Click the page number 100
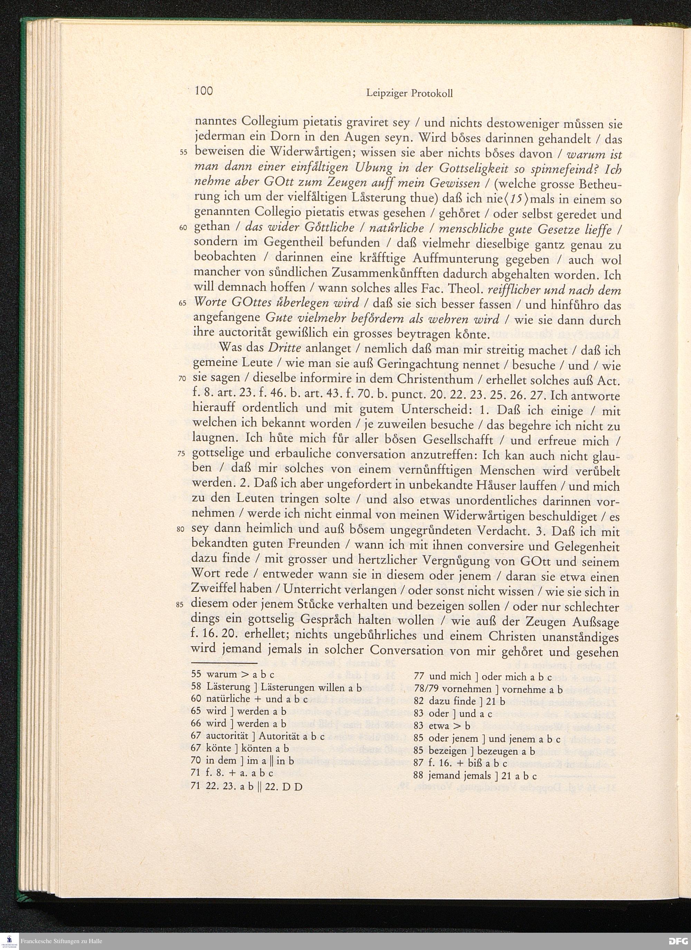click(x=203, y=91)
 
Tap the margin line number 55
click(x=183, y=153)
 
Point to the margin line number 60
click(x=183, y=228)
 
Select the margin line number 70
click(x=182, y=378)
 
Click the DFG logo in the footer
click(x=677, y=941)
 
